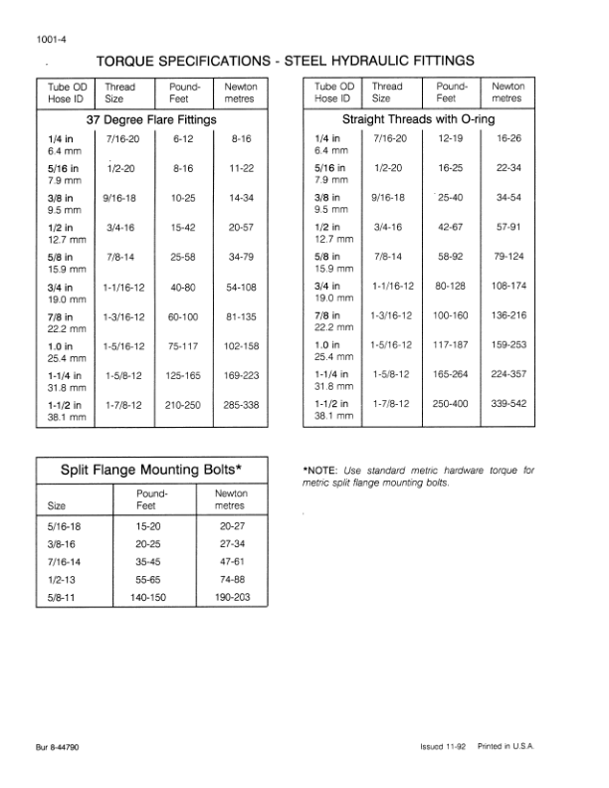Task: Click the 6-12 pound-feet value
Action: click(x=182, y=140)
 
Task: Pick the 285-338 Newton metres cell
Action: click(x=242, y=406)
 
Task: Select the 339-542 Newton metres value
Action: click(x=508, y=406)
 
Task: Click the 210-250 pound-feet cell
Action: click(x=182, y=406)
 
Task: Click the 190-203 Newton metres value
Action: click(x=232, y=598)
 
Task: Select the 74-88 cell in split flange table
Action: click(x=232, y=580)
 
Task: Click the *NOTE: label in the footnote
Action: click(x=321, y=470)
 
